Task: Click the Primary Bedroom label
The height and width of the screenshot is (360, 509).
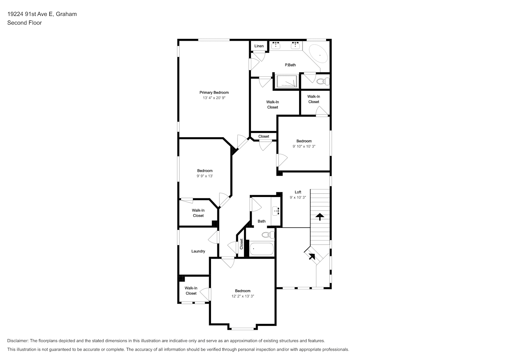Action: point(214,93)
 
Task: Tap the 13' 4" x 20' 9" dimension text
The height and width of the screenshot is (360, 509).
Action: point(214,98)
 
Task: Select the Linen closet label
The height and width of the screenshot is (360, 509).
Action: point(259,46)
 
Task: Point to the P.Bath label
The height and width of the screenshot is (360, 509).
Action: point(290,65)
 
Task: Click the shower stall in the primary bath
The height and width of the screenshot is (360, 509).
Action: point(287,81)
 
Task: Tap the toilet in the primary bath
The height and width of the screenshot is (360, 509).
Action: point(323,81)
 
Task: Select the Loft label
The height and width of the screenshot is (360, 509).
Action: point(298,192)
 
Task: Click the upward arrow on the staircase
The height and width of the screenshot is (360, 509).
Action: point(320,217)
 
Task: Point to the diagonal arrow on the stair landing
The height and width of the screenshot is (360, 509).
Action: point(312,257)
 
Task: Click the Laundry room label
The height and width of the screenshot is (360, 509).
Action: point(198,251)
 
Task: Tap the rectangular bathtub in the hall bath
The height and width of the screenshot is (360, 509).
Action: point(262,249)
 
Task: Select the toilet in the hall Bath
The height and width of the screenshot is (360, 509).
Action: point(268,235)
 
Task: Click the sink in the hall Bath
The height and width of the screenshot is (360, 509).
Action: point(276,211)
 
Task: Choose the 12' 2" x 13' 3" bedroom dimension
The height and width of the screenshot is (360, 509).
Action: point(243,296)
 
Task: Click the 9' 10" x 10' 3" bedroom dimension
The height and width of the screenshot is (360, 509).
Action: point(304,147)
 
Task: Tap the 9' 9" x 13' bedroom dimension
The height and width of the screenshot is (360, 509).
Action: point(205,176)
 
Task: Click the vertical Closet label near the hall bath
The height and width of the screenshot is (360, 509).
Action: point(242,244)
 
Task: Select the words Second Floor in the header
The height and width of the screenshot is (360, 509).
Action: point(24,23)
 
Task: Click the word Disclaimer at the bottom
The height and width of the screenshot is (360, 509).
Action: point(18,341)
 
